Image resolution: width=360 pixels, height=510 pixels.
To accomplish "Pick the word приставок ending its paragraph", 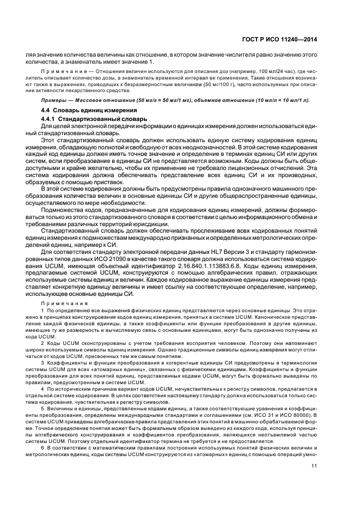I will click(109, 182).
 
